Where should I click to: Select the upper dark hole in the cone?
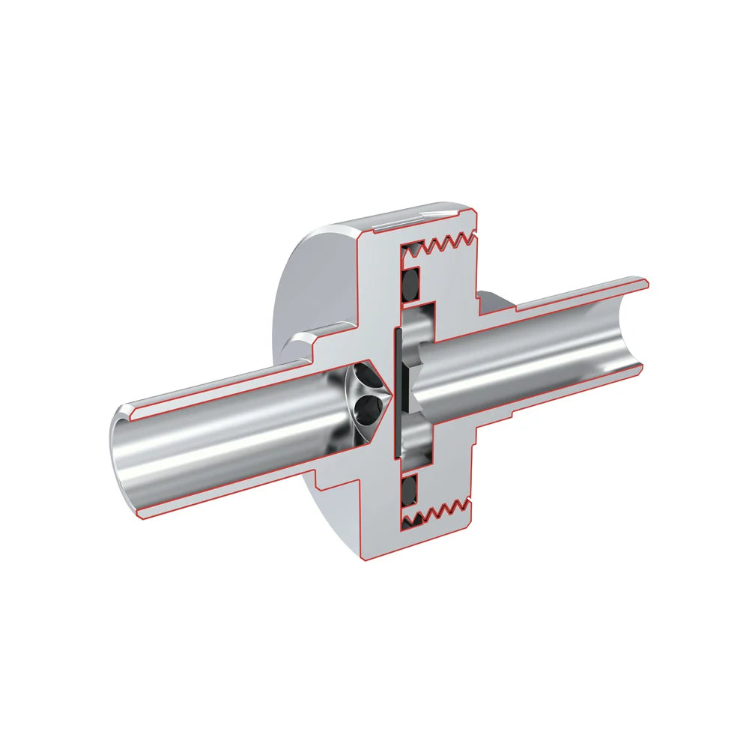tap(365, 374)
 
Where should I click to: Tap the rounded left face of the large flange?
tap(300, 300)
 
